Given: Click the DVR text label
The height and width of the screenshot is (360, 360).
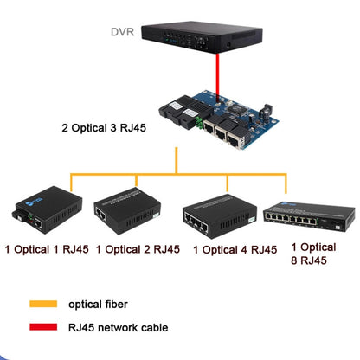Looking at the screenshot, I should [122, 34].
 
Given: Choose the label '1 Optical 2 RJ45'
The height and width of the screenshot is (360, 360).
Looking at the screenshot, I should [138, 249].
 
